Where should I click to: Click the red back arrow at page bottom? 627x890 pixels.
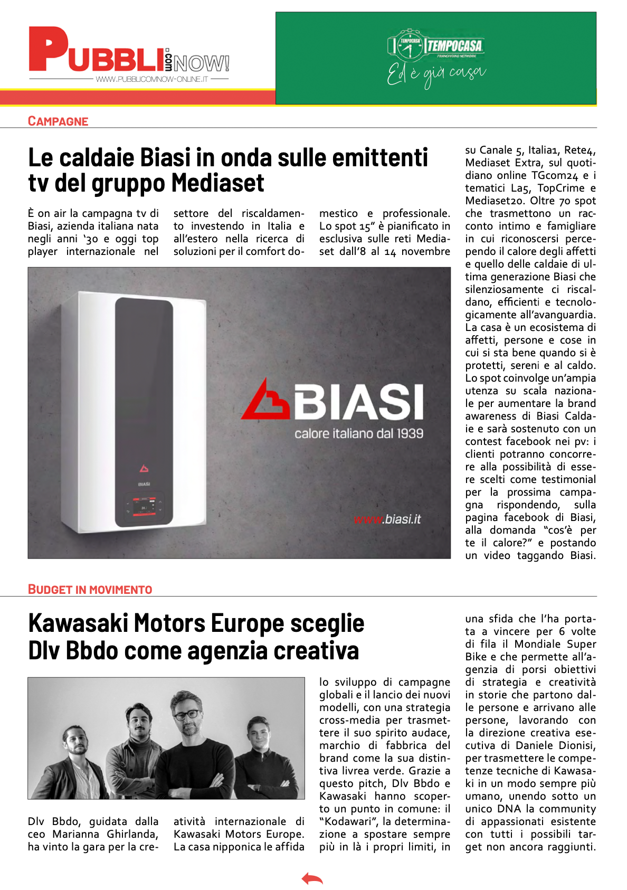point(312,879)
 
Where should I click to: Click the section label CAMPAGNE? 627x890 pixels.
point(58,121)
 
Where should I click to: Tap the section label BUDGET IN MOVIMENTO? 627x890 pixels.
point(90,590)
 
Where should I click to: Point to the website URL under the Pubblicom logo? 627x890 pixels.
point(152,79)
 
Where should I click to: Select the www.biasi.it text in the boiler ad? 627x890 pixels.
point(387,519)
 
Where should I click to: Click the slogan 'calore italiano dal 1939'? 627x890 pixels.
point(359,433)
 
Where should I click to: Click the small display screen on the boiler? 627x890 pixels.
point(144,506)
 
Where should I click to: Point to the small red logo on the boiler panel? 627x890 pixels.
point(144,468)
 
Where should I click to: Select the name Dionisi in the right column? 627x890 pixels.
point(573,745)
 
